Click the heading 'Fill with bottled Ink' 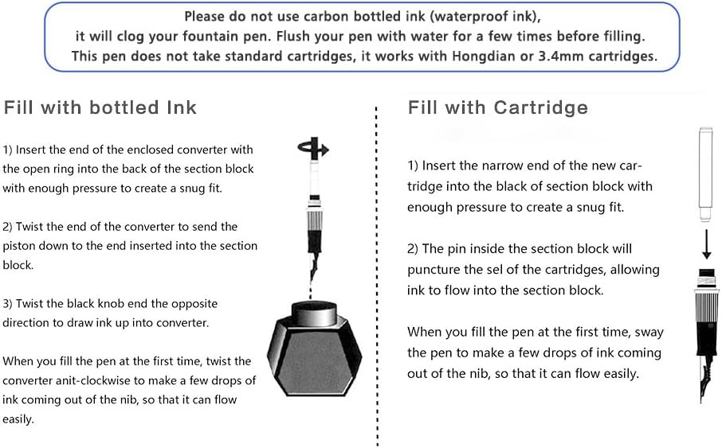100,107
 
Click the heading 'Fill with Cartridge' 498,107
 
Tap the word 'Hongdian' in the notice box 484,56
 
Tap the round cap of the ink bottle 315,313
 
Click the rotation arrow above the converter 313,149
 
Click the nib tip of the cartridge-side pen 700,401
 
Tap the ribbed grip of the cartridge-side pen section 707,306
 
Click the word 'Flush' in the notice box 291,37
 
